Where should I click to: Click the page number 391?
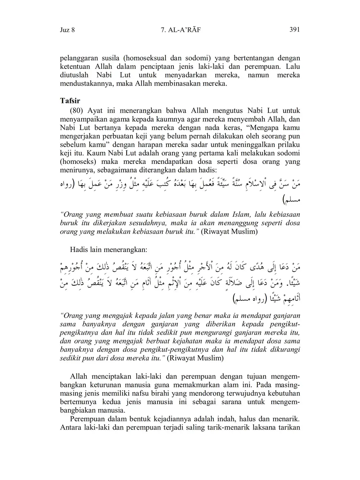pyautogui.click(x=294, y=30)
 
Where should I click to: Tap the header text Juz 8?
pyautogui.click(x=67, y=30)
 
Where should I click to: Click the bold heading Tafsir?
pyautogui.click(x=70, y=101)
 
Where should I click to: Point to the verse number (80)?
pyautogui.click(x=77, y=111)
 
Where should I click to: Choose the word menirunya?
pyautogui.click(x=75, y=170)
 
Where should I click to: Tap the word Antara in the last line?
pyautogui.click(x=70, y=427)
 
